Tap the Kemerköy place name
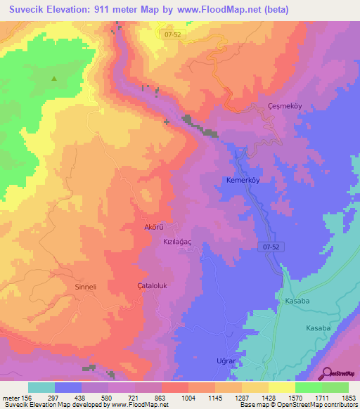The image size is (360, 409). (x=243, y=180)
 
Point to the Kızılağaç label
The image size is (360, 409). (x=179, y=240)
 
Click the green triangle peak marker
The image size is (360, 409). (x=54, y=79)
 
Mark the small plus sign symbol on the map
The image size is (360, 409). (x=167, y=122)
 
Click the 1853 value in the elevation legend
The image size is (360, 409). (x=347, y=398)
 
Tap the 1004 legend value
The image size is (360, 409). (x=187, y=398)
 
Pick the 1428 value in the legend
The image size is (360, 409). (x=267, y=398)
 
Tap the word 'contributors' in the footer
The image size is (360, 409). (x=341, y=405)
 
